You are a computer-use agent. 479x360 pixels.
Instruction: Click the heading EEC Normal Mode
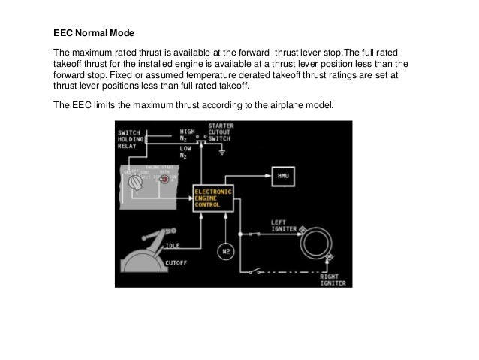pyautogui.click(x=95, y=34)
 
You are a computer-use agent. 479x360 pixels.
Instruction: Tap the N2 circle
pyautogui.click(x=225, y=250)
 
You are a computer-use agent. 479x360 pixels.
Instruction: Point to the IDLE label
pyautogui.click(x=173, y=245)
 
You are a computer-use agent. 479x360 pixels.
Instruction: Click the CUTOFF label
pyautogui.click(x=176, y=262)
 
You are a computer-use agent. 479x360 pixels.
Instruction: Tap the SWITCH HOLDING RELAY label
pyautogui.click(x=132, y=139)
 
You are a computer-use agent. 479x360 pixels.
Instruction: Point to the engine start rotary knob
pyautogui.click(x=134, y=182)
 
